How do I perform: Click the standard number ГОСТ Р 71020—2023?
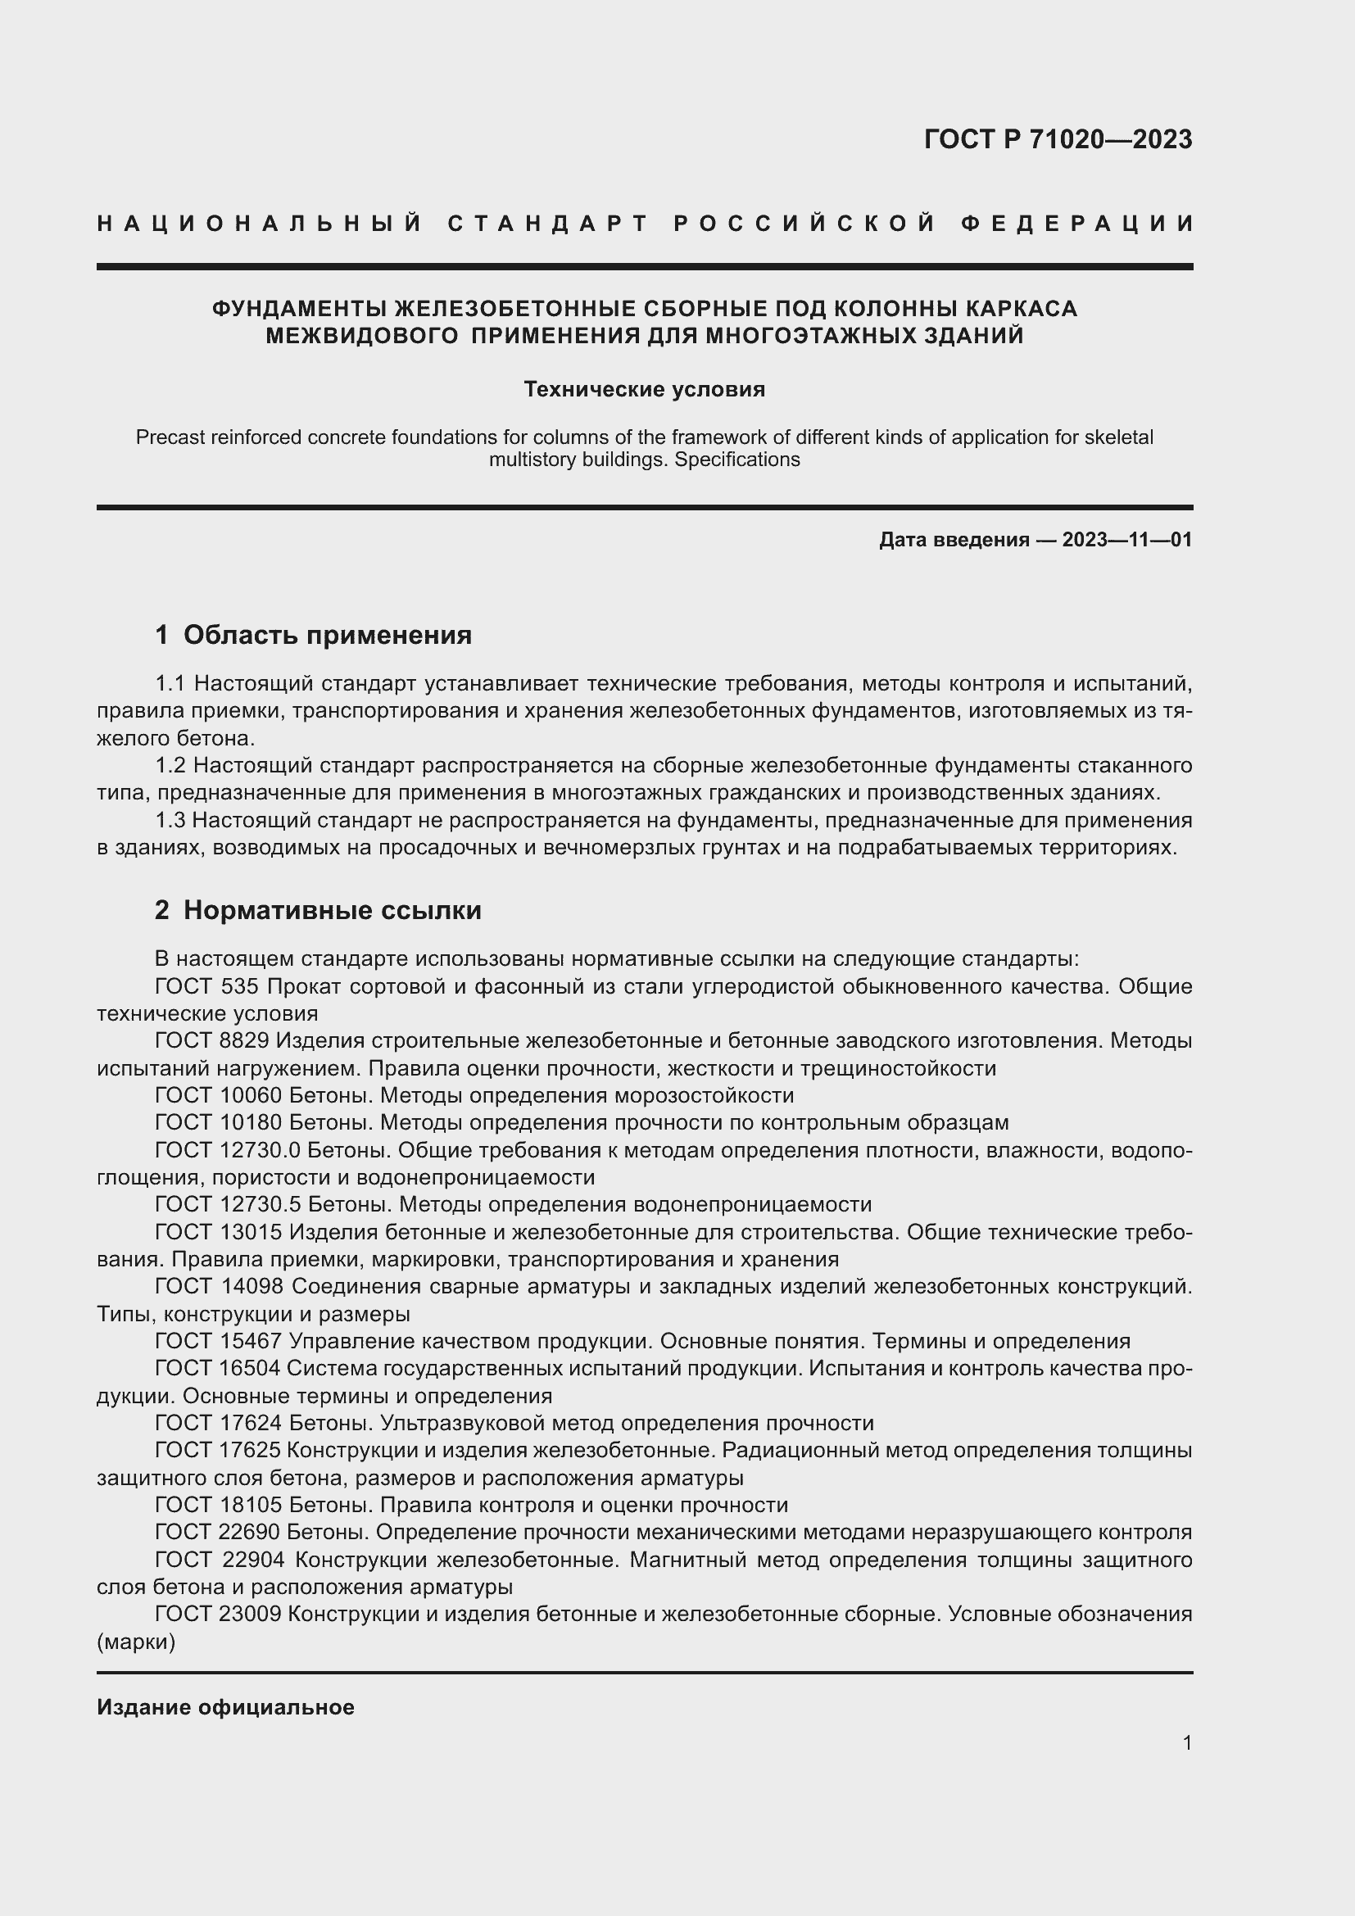pyautogui.click(x=1057, y=139)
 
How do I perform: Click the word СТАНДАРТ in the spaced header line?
pyautogui.click(x=547, y=224)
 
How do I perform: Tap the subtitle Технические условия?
pyautogui.click(x=644, y=390)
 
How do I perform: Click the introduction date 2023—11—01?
pyautogui.click(x=1126, y=540)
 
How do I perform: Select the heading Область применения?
pyautogui.click(x=327, y=635)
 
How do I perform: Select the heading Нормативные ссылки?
pyautogui.click(x=332, y=910)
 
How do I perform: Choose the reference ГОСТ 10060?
pyautogui.click(x=218, y=1096)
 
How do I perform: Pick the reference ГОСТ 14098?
pyautogui.click(x=220, y=1287)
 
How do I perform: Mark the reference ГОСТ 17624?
pyautogui.click(x=218, y=1424)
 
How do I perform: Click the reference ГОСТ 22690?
pyautogui.click(x=218, y=1533)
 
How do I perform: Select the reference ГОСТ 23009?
pyautogui.click(x=218, y=1615)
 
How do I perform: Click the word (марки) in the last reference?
pyautogui.click(x=136, y=1642)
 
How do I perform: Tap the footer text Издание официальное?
pyautogui.click(x=225, y=1707)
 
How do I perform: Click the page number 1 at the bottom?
pyautogui.click(x=1186, y=1742)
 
